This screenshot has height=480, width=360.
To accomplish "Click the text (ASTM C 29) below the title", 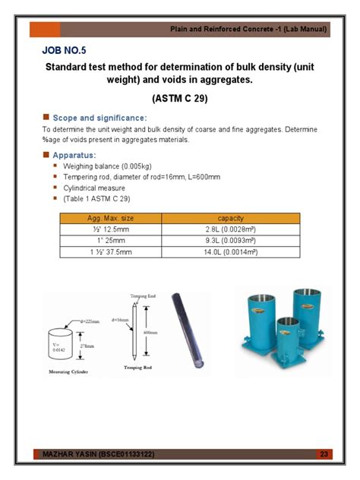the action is coord(180,98).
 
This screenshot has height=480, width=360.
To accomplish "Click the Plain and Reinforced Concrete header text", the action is coord(248,29).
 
